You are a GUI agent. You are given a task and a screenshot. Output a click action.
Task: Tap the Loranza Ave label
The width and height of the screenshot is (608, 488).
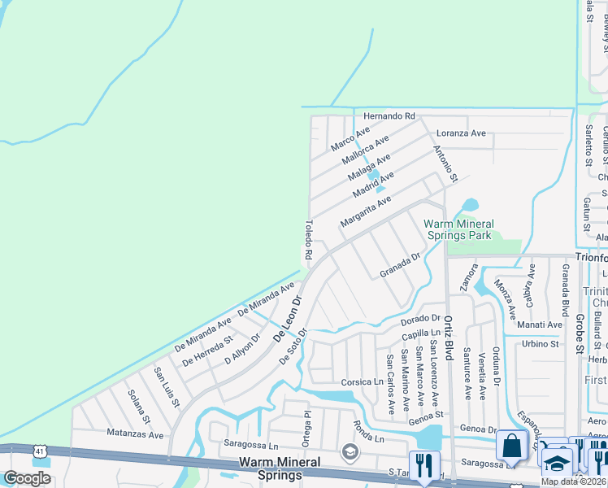click(461, 133)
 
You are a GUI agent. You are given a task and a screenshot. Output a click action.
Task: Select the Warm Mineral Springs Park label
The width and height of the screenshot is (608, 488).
click(458, 229)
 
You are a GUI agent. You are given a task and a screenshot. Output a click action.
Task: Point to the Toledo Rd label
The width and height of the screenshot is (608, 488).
click(309, 239)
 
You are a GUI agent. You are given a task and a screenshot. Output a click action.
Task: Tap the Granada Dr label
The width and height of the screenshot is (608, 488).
click(399, 266)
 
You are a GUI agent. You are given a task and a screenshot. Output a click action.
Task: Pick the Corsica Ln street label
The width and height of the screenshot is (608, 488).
click(362, 381)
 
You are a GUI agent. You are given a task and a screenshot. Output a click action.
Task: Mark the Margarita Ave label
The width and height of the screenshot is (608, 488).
click(366, 211)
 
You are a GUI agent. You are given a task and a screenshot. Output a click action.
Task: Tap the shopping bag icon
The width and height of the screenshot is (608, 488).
click(511, 446)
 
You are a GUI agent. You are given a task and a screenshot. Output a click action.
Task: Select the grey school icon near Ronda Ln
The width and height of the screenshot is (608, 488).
click(350, 451)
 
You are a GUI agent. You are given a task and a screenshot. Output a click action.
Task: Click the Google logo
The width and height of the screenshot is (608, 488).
click(27, 478)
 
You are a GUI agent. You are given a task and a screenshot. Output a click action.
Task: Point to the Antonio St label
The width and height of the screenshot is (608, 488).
click(446, 163)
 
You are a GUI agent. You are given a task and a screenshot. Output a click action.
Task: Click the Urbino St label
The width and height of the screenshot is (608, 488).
click(541, 344)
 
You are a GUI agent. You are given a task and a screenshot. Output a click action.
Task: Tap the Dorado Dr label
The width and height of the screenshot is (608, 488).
click(419, 318)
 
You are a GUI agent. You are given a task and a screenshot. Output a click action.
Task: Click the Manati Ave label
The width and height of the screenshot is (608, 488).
click(540, 325)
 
